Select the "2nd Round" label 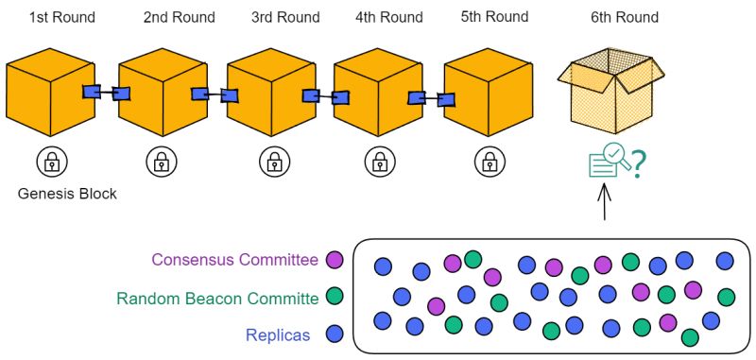click(179, 17)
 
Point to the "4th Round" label click(390, 17)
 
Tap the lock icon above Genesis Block click(52, 162)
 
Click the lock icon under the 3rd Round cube click(270, 162)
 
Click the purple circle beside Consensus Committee click(333, 259)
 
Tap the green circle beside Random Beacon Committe click(333, 297)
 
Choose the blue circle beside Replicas click(333, 334)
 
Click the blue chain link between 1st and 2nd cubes click(106, 93)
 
